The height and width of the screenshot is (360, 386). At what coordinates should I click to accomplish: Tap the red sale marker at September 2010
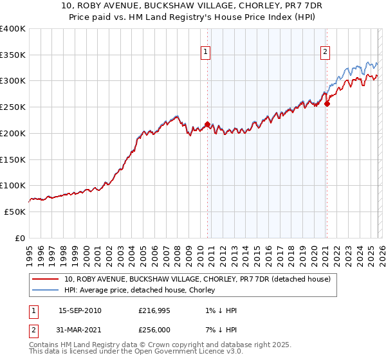(x=207, y=124)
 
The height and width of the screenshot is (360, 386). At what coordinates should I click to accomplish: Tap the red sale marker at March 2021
(x=327, y=104)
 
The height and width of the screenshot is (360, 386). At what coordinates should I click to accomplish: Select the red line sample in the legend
(x=46, y=279)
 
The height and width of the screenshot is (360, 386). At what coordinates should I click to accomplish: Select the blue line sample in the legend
(x=46, y=290)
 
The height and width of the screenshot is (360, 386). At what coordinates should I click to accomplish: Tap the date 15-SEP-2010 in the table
(x=80, y=310)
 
